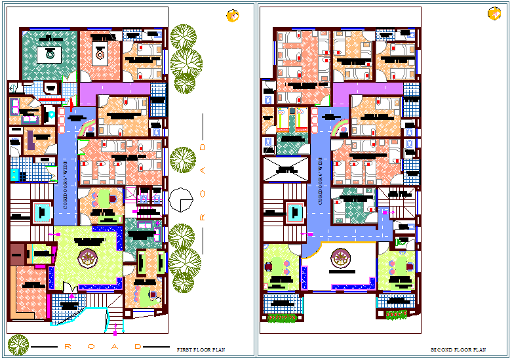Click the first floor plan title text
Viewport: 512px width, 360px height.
coord(201,350)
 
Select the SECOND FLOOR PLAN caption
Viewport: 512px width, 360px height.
coord(458,350)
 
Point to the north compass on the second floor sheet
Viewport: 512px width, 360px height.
coord(494,14)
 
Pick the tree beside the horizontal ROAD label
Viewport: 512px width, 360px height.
coord(18,344)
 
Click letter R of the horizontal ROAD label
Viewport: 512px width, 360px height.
coord(66,346)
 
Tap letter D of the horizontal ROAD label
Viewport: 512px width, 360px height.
coord(137,346)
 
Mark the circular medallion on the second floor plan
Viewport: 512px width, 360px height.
coord(340,260)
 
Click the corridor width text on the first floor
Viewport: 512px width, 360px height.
coord(65,186)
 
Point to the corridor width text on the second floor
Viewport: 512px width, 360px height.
coord(320,182)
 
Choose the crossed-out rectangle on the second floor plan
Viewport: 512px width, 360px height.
coord(285,170)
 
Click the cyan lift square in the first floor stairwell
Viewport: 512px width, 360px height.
coord(42,211)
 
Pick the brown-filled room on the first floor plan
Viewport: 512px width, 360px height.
coord(16,254)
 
